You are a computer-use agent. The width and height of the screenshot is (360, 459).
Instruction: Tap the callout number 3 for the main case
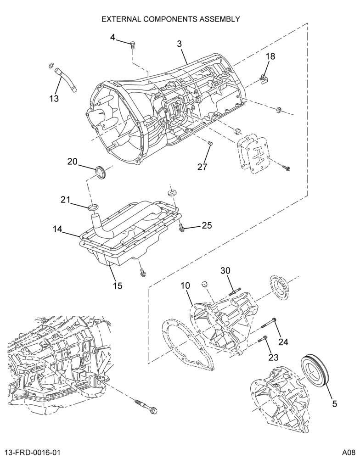coord(179,44)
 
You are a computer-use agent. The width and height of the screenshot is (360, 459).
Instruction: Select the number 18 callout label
coord(270,56)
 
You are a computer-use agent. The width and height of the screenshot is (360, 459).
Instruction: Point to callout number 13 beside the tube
coord(54,98)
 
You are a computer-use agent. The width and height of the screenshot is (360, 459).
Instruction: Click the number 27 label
coord(202,167)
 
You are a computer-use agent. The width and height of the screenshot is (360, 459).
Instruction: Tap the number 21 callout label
coord(66,200)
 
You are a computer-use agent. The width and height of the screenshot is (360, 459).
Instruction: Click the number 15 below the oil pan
coord(118,285)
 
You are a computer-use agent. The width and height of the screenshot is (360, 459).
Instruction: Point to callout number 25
coord(206,225)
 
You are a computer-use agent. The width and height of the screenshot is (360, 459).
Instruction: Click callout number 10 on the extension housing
coord(186,285)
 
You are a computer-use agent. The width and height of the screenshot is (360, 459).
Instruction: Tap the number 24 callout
coord(283,341)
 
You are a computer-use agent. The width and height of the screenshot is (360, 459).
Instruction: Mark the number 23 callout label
coord(273,357)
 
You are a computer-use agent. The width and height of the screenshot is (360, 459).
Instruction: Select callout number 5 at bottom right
coord(334,404)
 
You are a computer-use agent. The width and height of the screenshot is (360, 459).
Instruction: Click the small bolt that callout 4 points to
coord(133,45)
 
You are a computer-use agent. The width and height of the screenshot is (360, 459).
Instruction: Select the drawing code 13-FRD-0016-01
coord(32,453)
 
